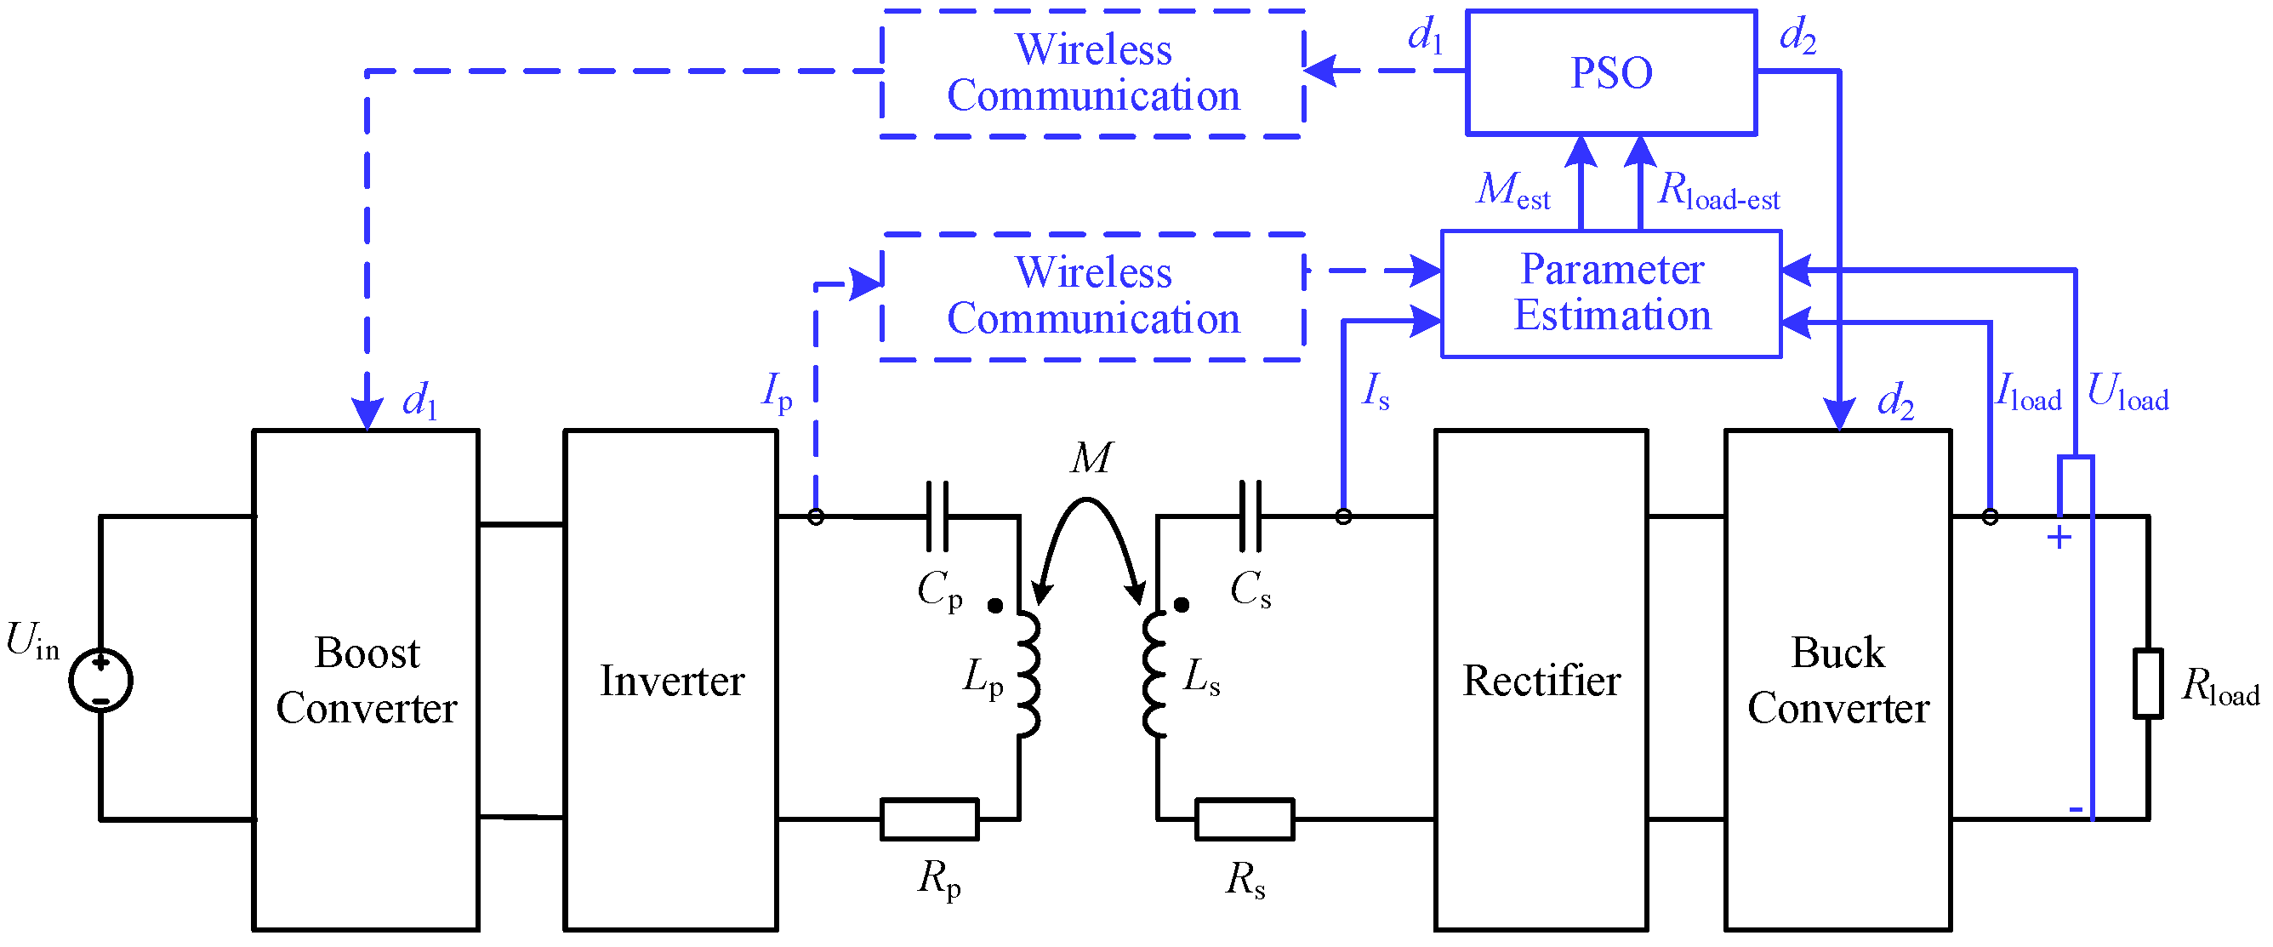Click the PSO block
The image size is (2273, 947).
tap(1610, 72)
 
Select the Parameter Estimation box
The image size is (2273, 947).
tap(1610, 294)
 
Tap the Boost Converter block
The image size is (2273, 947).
tap(365, 680)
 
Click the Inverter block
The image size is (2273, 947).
tap(670, 680)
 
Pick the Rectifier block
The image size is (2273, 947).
tap(1540, 680)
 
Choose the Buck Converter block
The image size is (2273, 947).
tap(1837, 680)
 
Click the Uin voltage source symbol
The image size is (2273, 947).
tap(100, 680)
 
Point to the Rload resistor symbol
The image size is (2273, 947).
tap(2147, 683)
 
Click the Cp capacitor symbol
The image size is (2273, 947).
tap(937, 516)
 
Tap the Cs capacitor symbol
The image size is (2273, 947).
tap(1250, 516)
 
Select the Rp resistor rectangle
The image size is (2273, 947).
tap(928, 819)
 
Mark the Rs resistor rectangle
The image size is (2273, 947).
tap(1244, 819)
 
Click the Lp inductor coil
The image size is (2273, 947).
tap(1028, 672)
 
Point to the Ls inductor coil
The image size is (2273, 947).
tap(1153, 672)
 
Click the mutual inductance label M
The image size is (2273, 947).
tap(1091, 458)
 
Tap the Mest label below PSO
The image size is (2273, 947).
tap(1512, 190)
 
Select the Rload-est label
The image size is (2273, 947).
tap(1718, 191)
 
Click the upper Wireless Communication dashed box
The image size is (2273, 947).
tap(1092, 73)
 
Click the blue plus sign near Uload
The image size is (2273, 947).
tap(2059, 537)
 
